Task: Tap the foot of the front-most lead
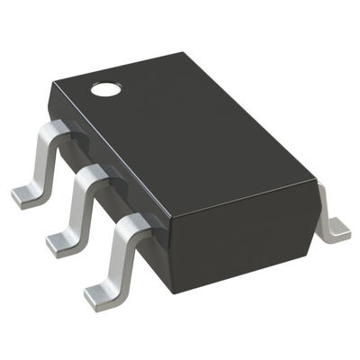(101, 292)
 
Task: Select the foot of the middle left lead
(61, 239)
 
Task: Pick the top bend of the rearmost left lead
(54, 131)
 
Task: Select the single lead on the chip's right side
(331, 216)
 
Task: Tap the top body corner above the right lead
(318, 180)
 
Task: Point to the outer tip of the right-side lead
(340, 236)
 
